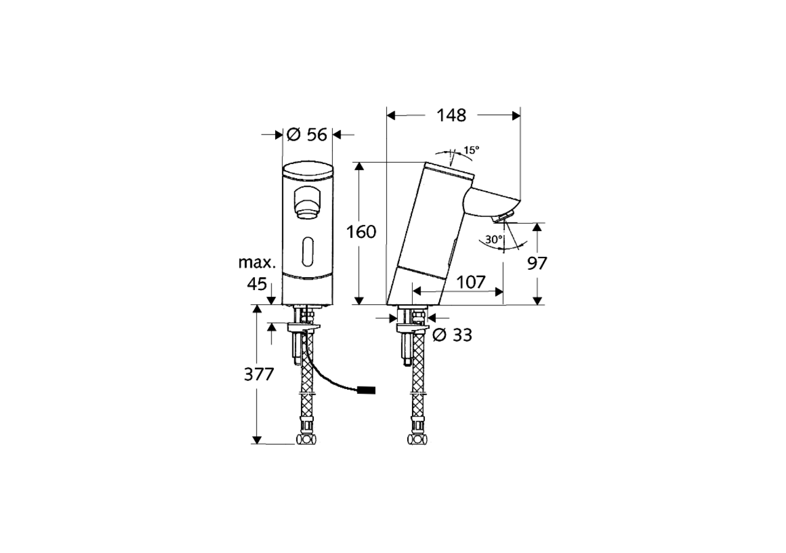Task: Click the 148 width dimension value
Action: point(451,115)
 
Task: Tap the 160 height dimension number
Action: point(360,232)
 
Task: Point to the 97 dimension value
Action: point(537,263)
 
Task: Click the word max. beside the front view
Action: point(256,263)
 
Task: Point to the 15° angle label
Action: point(470,150)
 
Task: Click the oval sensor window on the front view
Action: point(307,252)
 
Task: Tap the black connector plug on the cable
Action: point(367,389)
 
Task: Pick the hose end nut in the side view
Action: point(417,439)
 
